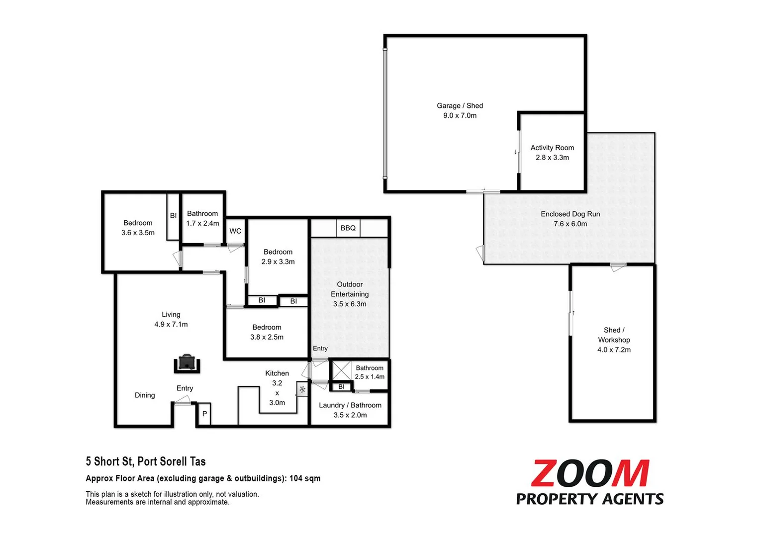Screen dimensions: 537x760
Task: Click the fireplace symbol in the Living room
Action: tap(187, 364)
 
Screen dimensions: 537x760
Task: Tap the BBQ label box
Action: tap(348, 228)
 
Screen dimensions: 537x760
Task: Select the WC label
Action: tap(235, 231)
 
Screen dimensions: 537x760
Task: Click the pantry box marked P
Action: tap(204, 414)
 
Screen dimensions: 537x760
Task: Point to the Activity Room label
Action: tap(552, 148)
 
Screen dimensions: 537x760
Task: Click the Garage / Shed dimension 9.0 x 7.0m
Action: tap(460, 115)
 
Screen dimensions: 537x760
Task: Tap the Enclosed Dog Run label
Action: tap(570, 214)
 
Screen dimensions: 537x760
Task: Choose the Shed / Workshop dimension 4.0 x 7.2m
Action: tap(614, 350)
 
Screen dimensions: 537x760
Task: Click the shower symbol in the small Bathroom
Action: tap(342, 370)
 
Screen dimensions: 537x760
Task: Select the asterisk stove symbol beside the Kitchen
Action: tap(302, 389)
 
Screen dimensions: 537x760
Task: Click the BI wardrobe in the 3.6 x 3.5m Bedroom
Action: tap(173, 216)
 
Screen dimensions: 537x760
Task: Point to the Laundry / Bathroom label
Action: tap(350, 405)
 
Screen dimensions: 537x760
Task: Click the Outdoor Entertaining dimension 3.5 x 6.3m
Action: tap(350, 304)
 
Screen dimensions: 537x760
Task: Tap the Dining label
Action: tap(145, 395)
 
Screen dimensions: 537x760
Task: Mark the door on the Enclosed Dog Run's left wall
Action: tap(480, 253)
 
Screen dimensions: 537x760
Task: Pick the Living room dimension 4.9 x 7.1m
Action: tap(171, 324)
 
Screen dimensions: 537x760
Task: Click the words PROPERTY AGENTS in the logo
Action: tap(590, 499)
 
